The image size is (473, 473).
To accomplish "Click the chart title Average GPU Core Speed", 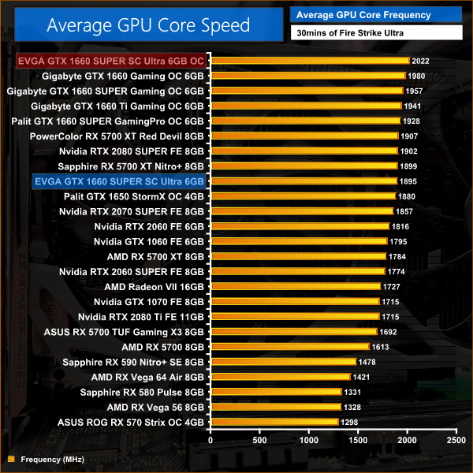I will pyautogui.click(x=148, y=24).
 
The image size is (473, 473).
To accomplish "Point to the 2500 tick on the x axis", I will pyautogui.click(x=456, y=438).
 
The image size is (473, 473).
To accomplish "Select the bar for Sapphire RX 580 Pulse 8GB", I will pyautogui.click(x=276, y=392).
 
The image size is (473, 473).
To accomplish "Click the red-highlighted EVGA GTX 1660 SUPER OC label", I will pyautogui.click(x=110, y=61).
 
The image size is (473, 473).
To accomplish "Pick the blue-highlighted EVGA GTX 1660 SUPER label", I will pyautogui.click(x=119, y=181).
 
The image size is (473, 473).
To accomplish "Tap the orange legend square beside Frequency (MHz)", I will pyautogui.click(x=11, y=458).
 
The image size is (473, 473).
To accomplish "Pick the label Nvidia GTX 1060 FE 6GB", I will pyautogui.click(x=149, y=241).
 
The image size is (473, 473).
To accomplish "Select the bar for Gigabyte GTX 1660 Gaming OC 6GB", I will pyautogui.click(x=307, y=76).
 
